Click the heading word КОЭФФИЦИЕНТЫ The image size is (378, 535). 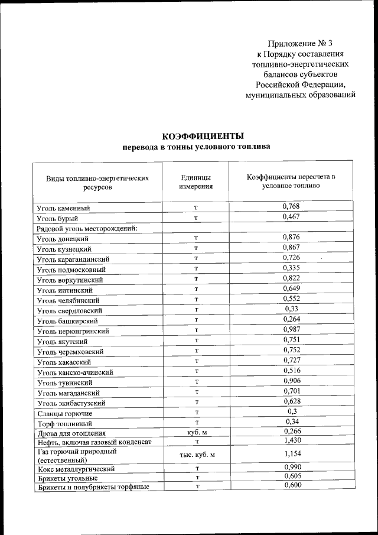[195, 137]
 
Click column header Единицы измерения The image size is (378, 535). [195, 181]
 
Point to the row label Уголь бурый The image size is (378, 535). [57, 218]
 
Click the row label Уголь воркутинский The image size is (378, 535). [70, 280]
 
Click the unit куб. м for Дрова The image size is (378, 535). [195, 433]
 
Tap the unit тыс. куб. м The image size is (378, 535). [195, 455]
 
